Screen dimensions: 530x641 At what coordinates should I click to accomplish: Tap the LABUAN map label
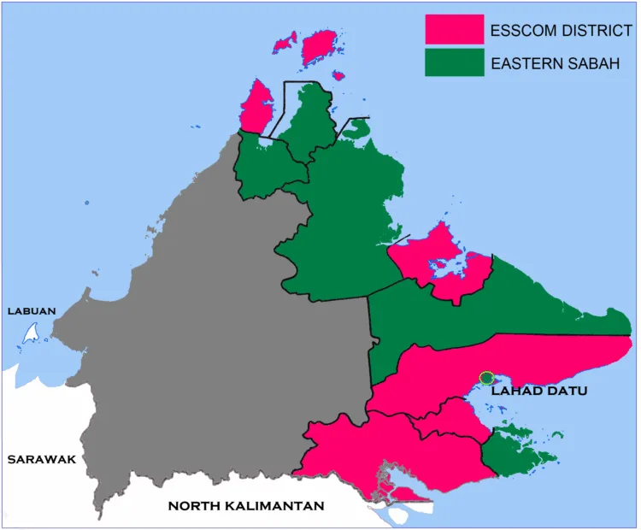[31, 310]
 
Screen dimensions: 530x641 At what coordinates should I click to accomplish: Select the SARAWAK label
[41, 459]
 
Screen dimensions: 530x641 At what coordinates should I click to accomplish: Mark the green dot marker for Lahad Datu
[486, 378]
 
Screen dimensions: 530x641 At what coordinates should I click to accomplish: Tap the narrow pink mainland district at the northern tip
[256, 107]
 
